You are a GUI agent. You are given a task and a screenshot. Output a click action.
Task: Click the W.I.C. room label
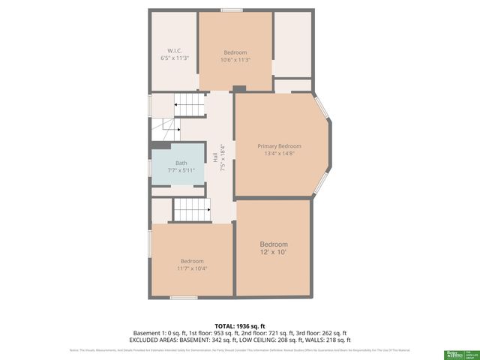pyautogui.click(x=174, y=51)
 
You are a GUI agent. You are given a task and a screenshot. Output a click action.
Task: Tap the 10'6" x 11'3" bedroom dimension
pyautogui.click(x=235, y=60)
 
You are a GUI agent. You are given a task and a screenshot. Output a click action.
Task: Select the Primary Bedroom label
pyautogui.click(x=279, y=145)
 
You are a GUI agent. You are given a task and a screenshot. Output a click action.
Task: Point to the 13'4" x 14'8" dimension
pyautogui.click(x=279, y=154)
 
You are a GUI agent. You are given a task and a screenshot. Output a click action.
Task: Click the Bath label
pyautogui.click(x=181, y=163)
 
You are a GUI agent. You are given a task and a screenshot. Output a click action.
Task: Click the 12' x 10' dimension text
pyautogui.click(x=274, y=253)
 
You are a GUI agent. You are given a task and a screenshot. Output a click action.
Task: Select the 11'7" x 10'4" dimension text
pyautogui.click(x=191, y=268)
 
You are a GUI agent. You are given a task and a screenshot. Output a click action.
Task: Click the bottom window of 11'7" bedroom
pyautogui.click(x=184, y=298)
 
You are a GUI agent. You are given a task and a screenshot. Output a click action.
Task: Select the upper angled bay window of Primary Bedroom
pyautogui.click(x=322, y=108)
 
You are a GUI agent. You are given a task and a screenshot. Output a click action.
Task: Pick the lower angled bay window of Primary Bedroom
pyautogui.click(x=321, y=183)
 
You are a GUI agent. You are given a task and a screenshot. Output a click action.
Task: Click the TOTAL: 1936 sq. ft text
pyautogui.click(x=239, y=326)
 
